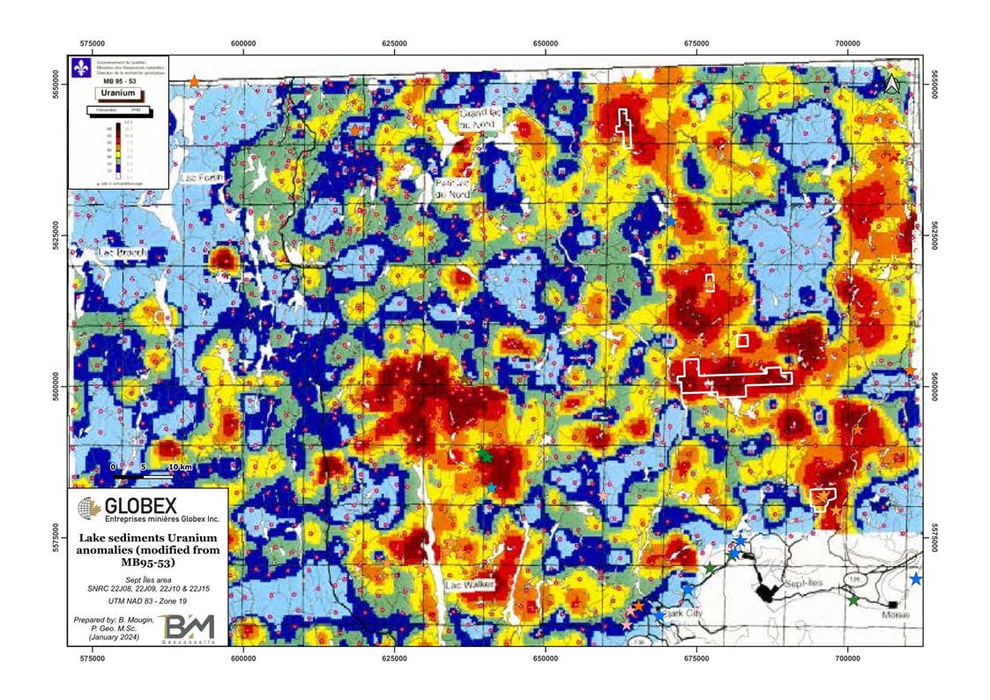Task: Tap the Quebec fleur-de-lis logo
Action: pos(83,67)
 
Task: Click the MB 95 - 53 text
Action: pos(118,80)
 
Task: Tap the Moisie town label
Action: pos(895,614)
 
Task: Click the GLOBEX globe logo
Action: pos(88,508)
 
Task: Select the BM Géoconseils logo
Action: pos(190,629)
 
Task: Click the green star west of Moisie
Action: pos(853,600)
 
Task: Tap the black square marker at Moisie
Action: pos(893,604)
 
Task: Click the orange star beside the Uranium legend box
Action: pos(194,81)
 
